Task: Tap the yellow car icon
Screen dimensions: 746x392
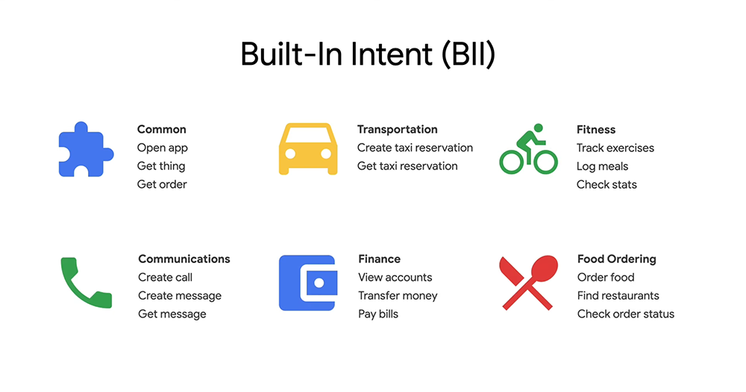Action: [308, 149]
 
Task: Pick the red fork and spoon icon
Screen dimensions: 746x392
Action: [528, 283]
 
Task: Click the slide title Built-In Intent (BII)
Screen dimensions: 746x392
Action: [368, 54]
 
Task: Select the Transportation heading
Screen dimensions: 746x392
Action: [398, 129]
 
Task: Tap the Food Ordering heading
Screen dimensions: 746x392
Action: [617, 259]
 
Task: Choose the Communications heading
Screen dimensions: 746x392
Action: [184, 259]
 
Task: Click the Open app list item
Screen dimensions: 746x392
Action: [162, 148]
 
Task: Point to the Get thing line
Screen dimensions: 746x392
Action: [161, 166]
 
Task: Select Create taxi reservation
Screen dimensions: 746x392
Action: [415, 148]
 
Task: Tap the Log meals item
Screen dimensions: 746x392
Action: [602, 167]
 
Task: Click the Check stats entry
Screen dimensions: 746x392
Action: [606, 184]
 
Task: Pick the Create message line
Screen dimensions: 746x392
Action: [180, 296]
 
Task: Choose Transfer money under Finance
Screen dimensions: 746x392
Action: [398, 296]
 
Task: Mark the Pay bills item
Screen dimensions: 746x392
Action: [378, 314]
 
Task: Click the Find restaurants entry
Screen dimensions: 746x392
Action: [618, 296]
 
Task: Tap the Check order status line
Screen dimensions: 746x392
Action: [626, 314]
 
